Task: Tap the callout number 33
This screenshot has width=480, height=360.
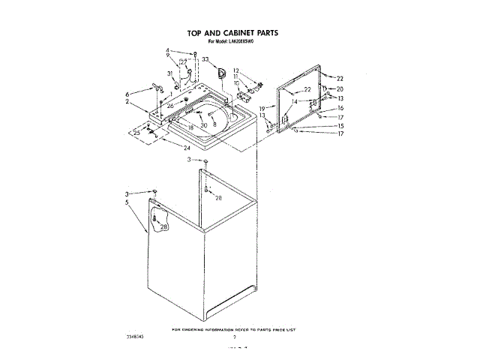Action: pyautogui.click(x=205, y=59)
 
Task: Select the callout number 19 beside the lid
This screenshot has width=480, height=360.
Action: pyautogui.click(x=262, y=109)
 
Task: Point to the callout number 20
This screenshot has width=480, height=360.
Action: pyautogui.click(x=340, y=89)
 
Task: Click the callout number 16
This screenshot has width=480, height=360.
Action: pyautogui.click(x=340, y=108)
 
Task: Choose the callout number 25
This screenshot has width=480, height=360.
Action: pyautogui.click(x=136, y=133)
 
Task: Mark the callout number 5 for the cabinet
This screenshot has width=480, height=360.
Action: pyautogui.click(x=127, y=202)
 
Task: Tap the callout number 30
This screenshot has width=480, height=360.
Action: pyautogui.click(x=203, y=125)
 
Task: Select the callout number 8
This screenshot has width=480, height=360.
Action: pyautogui.click(x=214, y=125)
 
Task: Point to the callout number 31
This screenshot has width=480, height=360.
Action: pyautogui.click(x=170, y=73)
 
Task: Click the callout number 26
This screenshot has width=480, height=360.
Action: pyautogui.click(x=170, y=106)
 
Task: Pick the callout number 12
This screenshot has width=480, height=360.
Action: pyautogui.click(x=235, y=70)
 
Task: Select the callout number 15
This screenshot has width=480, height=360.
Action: pyautogui.click(x=340, y=126)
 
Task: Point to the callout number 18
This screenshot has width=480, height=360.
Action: pyautogui.click(x=190, y=127)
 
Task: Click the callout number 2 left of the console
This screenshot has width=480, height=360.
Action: pyautogui.click(x=127, y=102)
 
